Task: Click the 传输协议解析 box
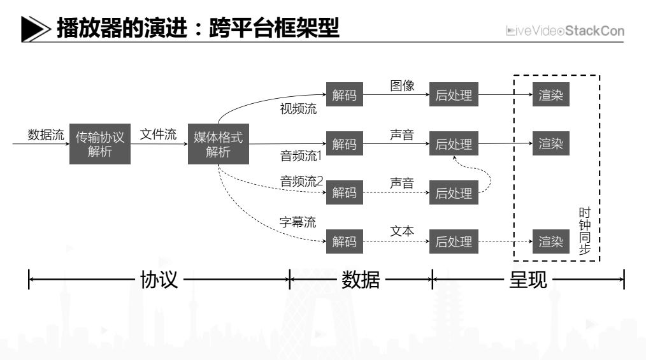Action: tap(100, 144)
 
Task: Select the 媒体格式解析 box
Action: tap(218, 144)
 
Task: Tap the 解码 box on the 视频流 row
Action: tap(345, 96)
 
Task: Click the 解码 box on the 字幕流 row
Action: tap(345, 241)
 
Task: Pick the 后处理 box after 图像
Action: tap(454, 96)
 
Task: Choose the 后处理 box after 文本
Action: tap(454, 241)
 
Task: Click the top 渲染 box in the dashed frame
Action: tap(551, 96)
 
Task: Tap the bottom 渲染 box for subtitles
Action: tap(551, 241)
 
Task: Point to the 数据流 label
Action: tap(46, 135)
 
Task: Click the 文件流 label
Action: tap(158, 135)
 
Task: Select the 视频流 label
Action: tap(298, 108)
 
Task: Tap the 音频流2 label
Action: tap(302, 182)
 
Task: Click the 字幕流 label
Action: tap(298, 222)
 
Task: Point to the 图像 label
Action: tap(402, 86)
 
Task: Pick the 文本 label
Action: tap(402, 231)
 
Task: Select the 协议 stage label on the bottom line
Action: tap(159, 279)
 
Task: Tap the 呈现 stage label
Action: tap(528, 279)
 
